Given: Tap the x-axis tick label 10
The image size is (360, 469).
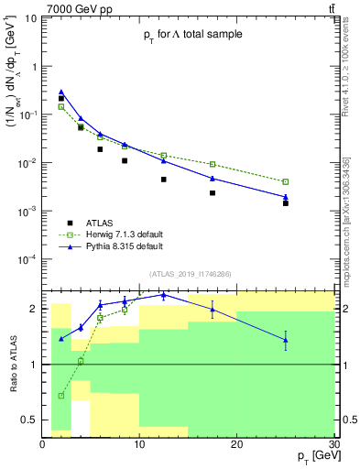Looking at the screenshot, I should (x=139, y=443).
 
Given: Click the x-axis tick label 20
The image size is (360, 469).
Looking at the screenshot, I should (x=236, y=443).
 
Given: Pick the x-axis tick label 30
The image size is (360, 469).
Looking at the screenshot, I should (x=333, y=443).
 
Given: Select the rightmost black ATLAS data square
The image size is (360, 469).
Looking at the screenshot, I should (x=285, y=203).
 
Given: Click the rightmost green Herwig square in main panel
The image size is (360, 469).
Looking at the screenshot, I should (x=285, y=181).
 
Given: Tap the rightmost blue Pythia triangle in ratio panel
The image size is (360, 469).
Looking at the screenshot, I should (x=285, y=340).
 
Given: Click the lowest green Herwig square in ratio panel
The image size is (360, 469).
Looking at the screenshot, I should (x=61, y=396).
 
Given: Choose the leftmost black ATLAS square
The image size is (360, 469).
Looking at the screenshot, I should (x=61, y=98).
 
